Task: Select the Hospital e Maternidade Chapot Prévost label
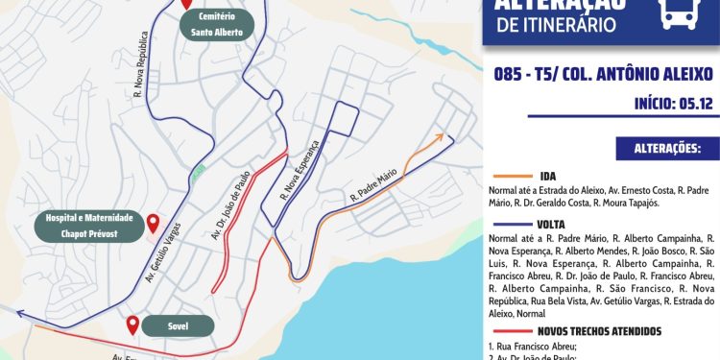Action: [87, 225]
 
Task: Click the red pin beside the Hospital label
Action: [153, 224]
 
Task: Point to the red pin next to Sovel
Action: [132, 324]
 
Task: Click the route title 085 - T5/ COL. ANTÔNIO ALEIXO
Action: [603, 73]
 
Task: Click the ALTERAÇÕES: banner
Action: [668, 149]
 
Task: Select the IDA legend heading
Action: [548, 177]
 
